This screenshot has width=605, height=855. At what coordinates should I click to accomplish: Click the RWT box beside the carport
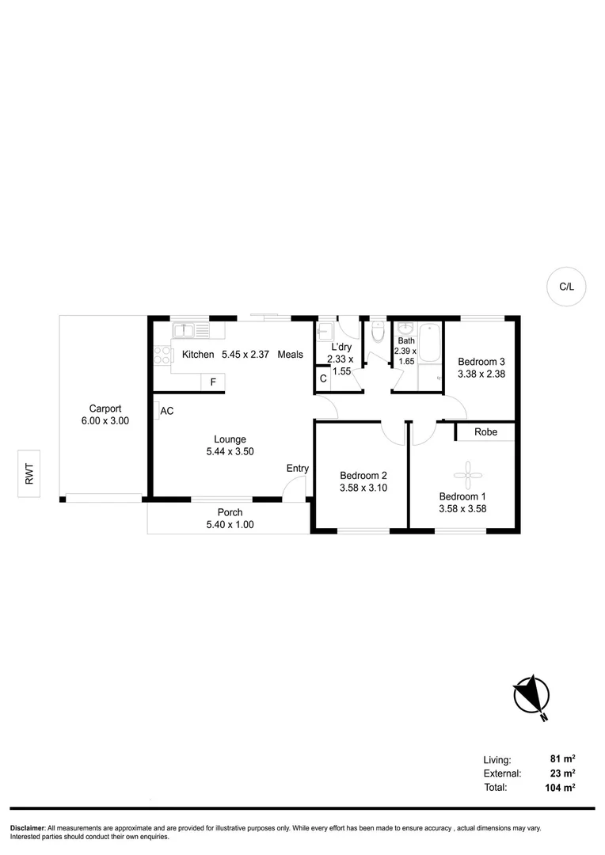29,474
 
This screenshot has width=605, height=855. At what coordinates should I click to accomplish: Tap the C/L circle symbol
566,287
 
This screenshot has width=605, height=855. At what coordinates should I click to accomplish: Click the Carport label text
105,408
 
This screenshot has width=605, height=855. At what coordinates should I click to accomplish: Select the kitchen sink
190,330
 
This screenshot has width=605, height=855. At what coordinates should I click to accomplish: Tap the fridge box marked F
212,382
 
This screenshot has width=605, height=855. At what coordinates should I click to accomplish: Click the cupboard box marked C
323,378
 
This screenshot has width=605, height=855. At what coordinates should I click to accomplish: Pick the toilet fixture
378,332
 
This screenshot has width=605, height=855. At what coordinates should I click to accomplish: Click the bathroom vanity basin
405,329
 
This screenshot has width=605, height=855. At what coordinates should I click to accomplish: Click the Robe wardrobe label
485,432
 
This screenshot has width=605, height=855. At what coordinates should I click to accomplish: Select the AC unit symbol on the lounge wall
157,411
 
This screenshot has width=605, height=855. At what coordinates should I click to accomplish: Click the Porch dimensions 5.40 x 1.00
230,524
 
